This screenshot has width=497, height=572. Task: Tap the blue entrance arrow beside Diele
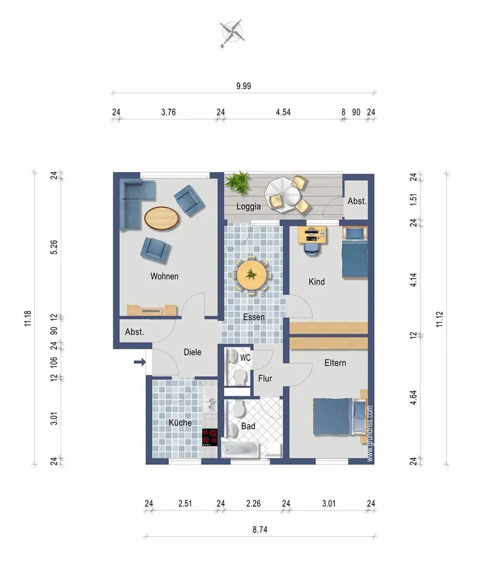tap(140, 362)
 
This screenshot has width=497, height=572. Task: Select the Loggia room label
tap(248, 206)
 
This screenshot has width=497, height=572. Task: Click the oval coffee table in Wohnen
tap(162, 218)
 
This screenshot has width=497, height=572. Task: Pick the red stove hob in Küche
tap(210, 437)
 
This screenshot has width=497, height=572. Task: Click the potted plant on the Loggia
tap(238, 182)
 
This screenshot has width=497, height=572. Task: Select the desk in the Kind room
tap(312, 235)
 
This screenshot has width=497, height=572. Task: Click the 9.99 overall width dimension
tap(244, 86)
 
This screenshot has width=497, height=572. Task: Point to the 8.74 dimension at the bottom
tap(260, 529)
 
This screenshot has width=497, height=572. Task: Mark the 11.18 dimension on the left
tap(28, 319)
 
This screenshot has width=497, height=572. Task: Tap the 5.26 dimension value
tap(54, 247)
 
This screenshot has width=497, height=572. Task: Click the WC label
tap(245, 357)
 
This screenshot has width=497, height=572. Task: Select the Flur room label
tap(265, 379)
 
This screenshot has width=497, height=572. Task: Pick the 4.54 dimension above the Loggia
tap(283, 112)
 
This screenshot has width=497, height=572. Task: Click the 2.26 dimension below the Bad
tap(253, 504)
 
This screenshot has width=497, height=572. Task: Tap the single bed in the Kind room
tap(355, 252)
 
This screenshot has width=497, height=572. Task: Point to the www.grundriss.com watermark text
tap(370, 434)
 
